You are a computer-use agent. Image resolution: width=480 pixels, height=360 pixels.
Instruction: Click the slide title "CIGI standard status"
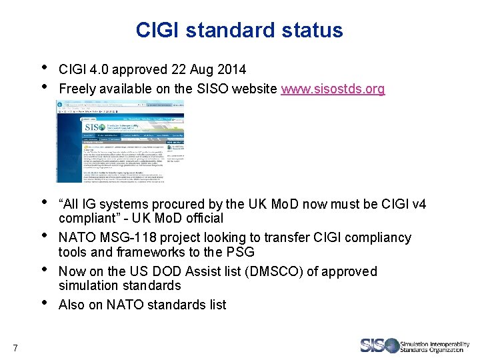click(239, 30)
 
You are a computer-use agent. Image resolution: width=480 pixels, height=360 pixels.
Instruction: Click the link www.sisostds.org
click(333, 89)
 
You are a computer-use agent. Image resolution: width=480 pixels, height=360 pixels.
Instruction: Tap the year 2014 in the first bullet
click(232, 69)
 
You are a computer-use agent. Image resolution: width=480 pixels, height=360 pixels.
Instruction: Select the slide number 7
click(15, 346)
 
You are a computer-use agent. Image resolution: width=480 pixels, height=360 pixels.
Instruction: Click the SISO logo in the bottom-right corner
click(415, 345)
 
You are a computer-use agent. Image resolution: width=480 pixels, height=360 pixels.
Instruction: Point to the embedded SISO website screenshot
click(120, 141)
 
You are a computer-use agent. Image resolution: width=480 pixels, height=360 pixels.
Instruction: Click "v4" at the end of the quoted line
click(419, 204)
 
